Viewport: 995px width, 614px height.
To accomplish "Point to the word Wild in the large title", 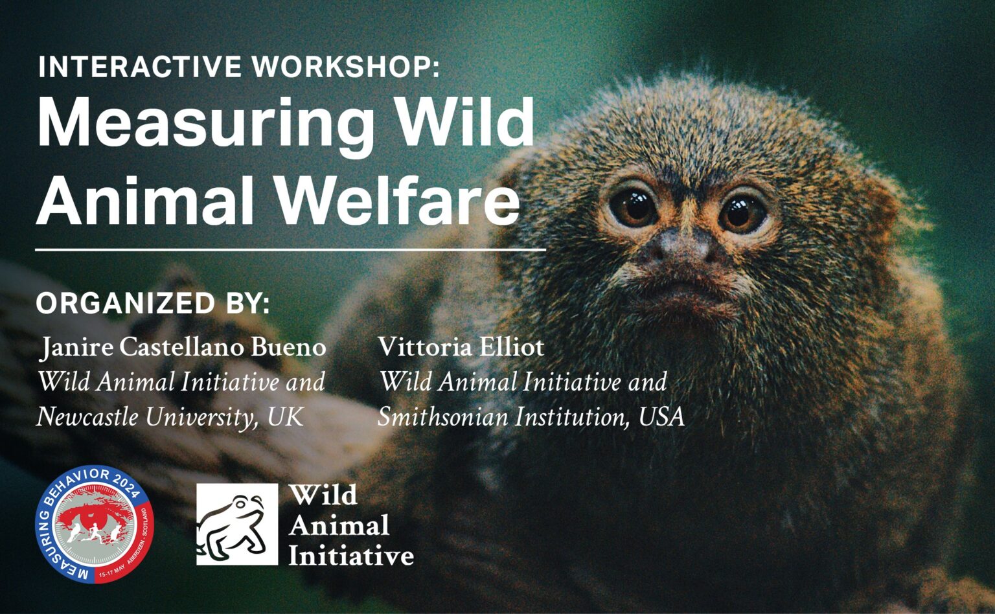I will pyautogui.click(x=466, y=123).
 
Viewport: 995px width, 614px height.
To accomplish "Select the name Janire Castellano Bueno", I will pyautogui.click(x=183, y=348).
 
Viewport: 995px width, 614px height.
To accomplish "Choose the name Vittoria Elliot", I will pyautogui.click(x=461, y=348).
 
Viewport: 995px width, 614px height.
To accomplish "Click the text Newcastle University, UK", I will pyautogui.click(x=170, y=416).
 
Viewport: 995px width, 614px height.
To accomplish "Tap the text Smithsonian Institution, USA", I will pyautogui.click(x=531, y=416).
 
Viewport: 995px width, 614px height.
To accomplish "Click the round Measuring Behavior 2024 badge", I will pyautogui.click(x=95, y=524).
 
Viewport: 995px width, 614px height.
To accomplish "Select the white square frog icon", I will pyautogui.click(x=237, y=524).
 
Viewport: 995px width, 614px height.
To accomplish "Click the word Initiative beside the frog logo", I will pyautogui.click(x=351, y=555).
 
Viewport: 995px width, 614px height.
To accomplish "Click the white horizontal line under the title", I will pyautogui.click(x=290, y=249).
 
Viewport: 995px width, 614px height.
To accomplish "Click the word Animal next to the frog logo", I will pyautogui.click(x=339, y=525).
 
